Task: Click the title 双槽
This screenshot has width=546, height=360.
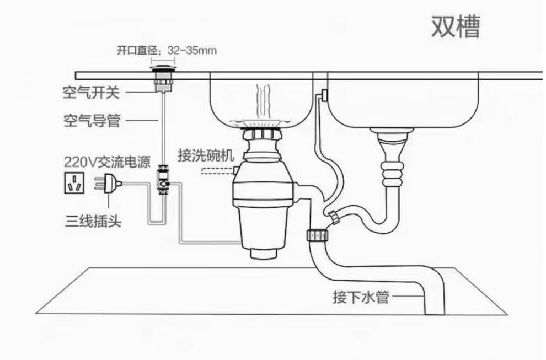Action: [x=455, y=26]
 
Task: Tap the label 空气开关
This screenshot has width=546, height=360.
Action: [x=90, y=93]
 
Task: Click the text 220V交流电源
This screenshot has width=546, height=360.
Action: [x=105, y=162]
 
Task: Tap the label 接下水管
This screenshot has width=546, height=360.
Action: [x=361, y=297]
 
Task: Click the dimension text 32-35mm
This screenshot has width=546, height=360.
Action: [x=192, y=50]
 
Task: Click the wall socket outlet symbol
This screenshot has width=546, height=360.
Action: [x=73, y=184]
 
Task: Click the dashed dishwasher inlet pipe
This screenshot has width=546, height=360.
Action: [x=217, y=170]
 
